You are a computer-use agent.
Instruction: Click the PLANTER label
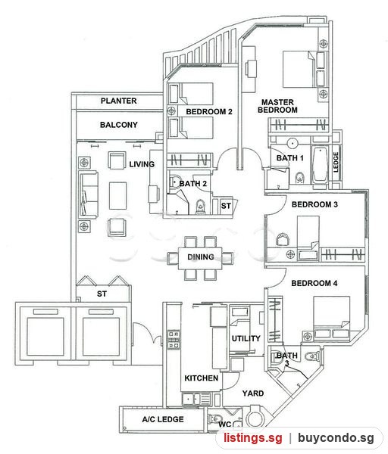119,101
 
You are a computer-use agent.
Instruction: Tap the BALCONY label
119,125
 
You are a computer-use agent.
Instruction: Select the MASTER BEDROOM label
277,106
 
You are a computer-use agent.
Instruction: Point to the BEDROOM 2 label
209,111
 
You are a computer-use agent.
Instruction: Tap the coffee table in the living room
117,196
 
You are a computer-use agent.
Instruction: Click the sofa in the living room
88,195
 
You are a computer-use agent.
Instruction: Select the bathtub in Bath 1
320,165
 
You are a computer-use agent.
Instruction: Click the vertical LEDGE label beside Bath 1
336,162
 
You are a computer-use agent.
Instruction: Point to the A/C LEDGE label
163,419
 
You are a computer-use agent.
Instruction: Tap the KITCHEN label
202,378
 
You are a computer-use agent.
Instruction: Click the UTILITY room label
246,338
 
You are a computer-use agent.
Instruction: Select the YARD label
253,393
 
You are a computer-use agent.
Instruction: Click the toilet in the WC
214,419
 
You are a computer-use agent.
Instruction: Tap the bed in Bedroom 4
332,317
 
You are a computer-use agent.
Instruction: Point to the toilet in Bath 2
200,207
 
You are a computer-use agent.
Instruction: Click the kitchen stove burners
174,340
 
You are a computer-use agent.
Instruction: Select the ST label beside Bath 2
226,206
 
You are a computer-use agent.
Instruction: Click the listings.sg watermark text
252,437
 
